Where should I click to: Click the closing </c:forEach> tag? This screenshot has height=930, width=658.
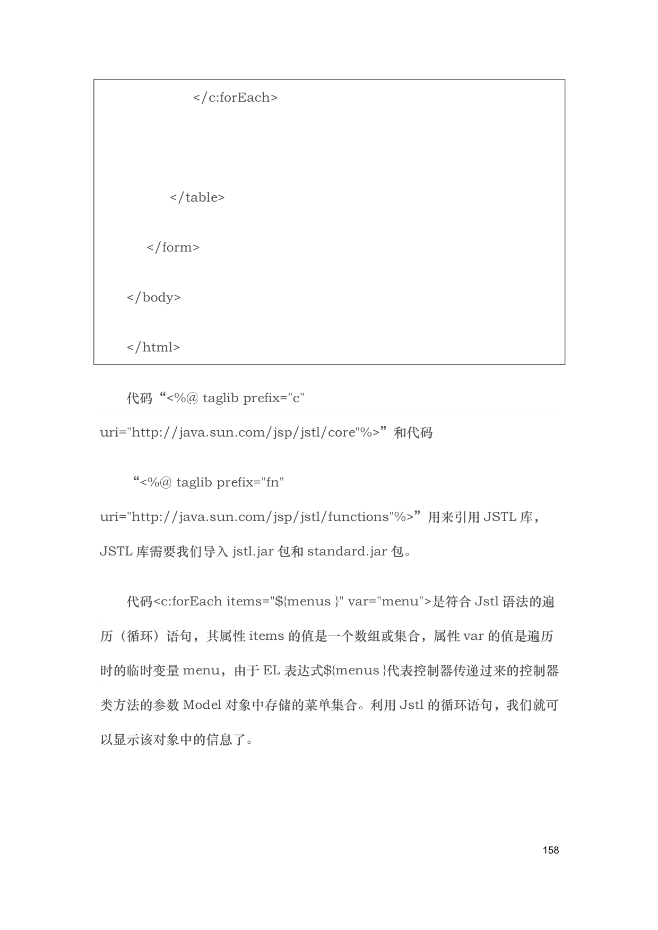tap(235, 98)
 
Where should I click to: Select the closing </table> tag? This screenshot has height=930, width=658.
tap(197, 197)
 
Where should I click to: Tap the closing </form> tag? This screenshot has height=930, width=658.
tap(173, 247)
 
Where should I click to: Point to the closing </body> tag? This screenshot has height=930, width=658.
tap(153, 297)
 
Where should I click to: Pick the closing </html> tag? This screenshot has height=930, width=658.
tap(153, 347)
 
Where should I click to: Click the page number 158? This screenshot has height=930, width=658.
tap(551, 850)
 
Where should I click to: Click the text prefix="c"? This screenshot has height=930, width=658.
tap(273, 398)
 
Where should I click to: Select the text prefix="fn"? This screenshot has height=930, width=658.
tap(250, 482)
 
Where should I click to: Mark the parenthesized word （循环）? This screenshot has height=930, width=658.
tap(140, 636)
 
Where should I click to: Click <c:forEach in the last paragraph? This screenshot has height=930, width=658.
tap(188, 602)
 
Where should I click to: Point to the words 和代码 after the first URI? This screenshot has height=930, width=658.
tap(413, 432)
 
